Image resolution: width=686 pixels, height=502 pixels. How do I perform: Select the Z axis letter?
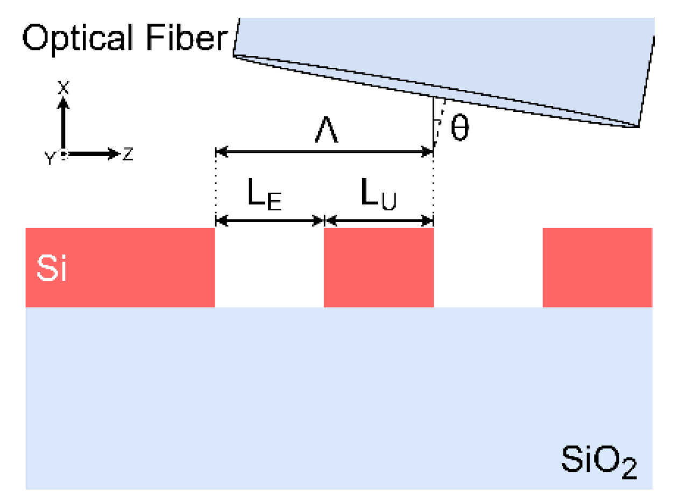pos(128,154)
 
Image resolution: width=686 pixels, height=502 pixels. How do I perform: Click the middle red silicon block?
pos(378,267)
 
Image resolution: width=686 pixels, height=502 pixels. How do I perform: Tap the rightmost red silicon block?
pos(597,267)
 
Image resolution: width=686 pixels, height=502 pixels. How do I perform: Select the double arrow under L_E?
pos(269,220)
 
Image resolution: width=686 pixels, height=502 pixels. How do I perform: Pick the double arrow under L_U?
pos(379,220)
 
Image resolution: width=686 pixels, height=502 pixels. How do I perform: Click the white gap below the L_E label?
pos(269,267)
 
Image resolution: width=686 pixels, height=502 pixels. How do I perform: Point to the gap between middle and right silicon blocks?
pos(488,267)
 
